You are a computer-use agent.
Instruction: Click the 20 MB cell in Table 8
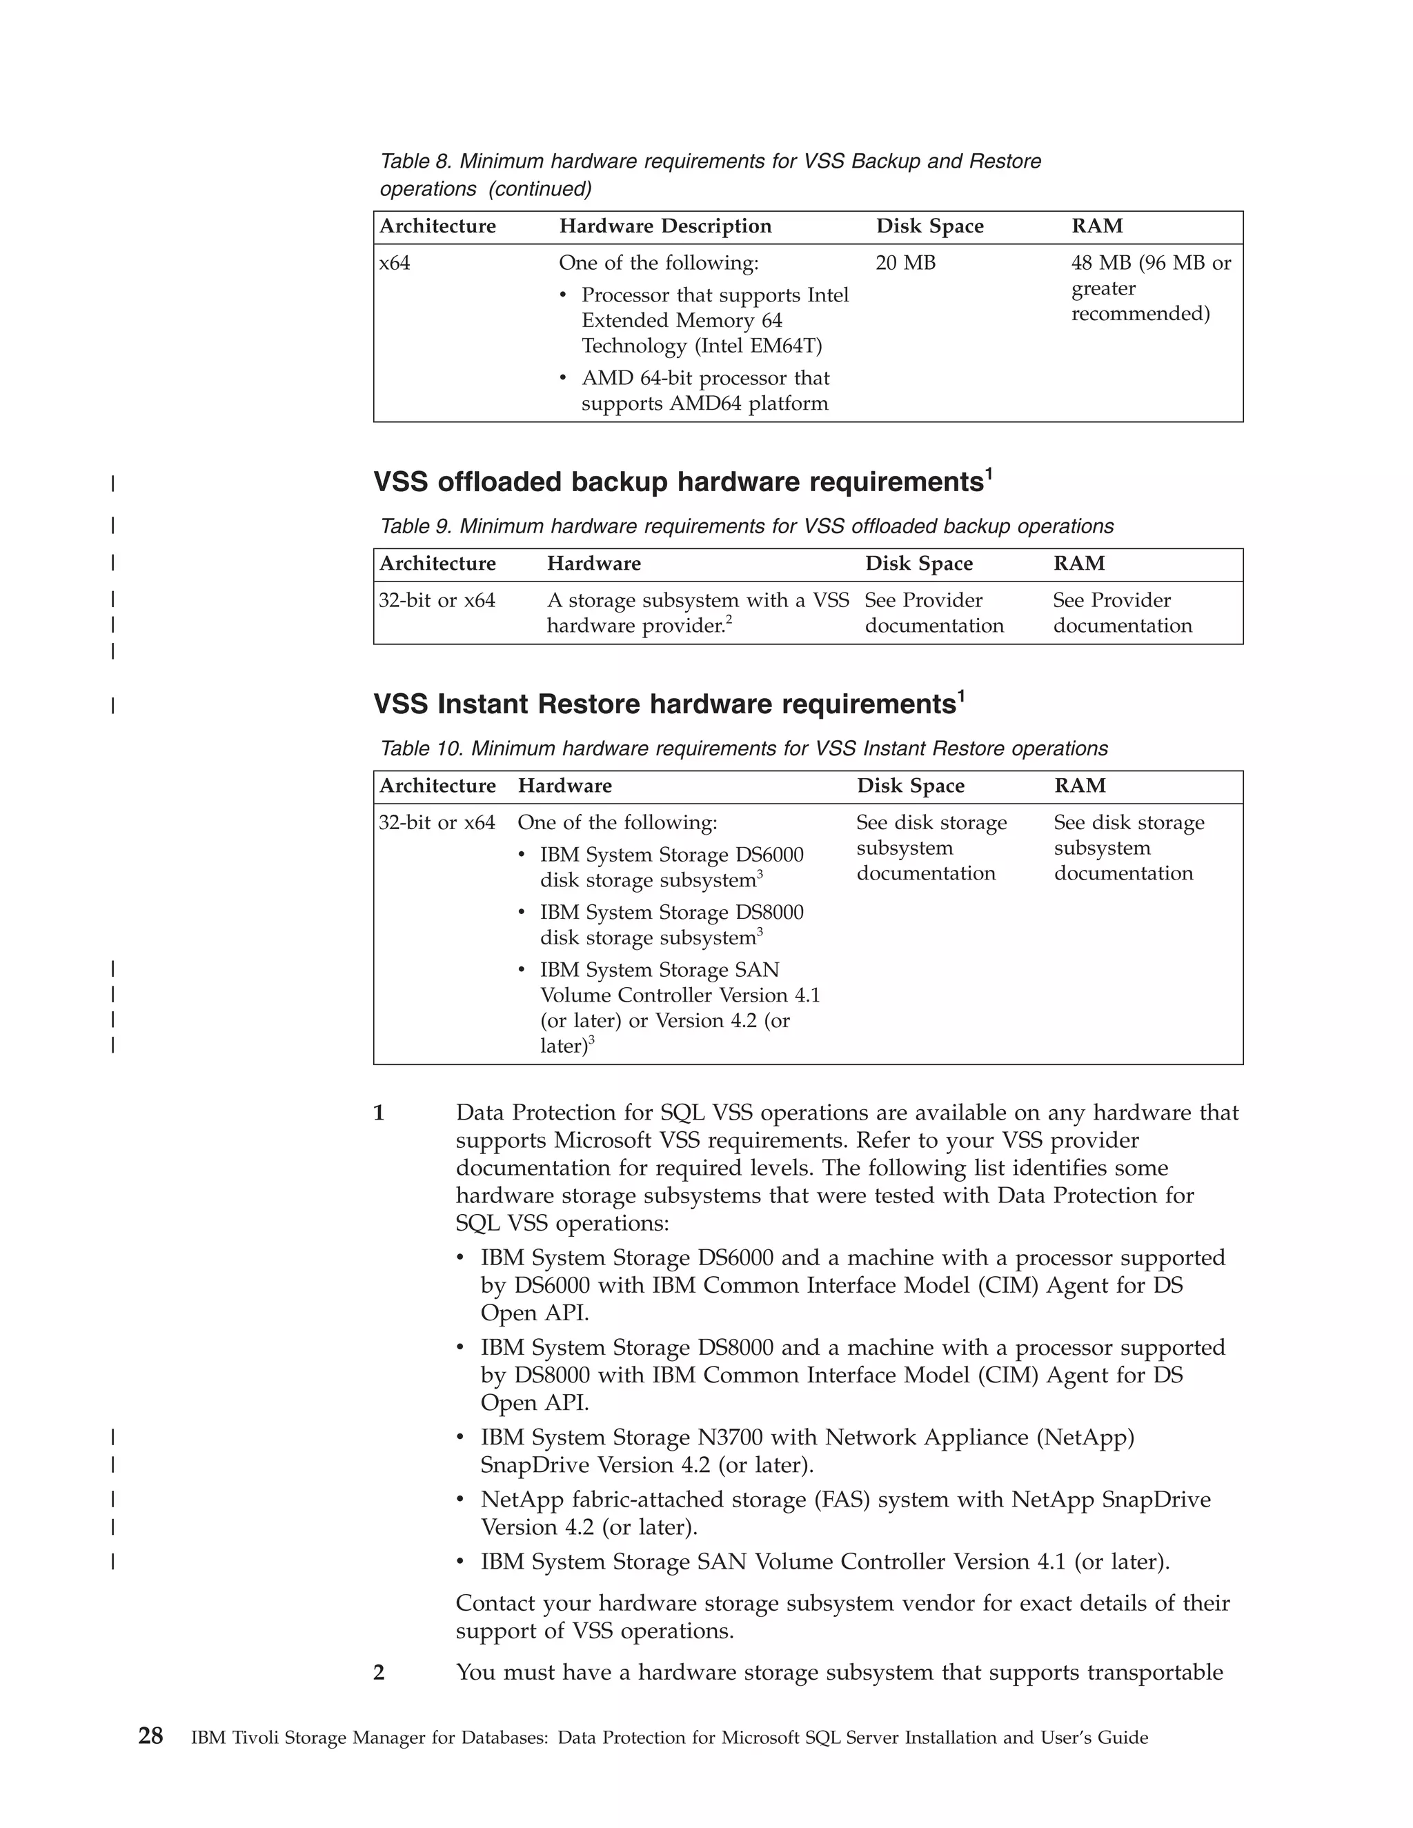905,263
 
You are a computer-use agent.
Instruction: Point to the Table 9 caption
746,526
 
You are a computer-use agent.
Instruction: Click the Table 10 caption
743,748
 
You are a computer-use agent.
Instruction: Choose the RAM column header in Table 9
1078,564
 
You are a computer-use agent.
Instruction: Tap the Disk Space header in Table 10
910,785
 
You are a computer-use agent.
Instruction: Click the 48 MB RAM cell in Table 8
1150,288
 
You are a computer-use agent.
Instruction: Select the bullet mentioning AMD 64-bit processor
705,391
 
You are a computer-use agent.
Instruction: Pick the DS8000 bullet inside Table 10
671,924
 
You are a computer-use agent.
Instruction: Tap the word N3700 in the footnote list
730,1437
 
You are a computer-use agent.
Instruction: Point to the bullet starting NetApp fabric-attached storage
844,1513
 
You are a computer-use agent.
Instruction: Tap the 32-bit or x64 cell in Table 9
436,600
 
